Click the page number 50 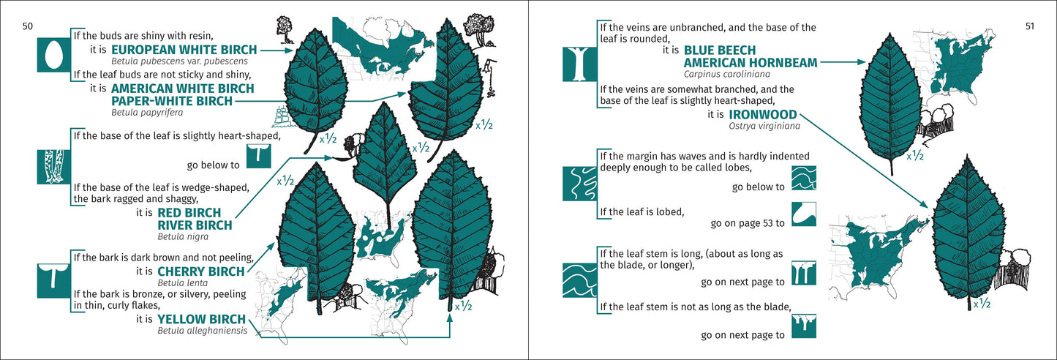(x=27, y=26)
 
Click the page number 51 (x=1028, y=26)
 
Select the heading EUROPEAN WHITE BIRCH (x=184, y=50)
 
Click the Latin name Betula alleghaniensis (x=201, y=331)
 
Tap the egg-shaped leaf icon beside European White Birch (x=53, y=55)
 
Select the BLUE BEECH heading (x=726, y=50)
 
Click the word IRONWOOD (x=763, y=115)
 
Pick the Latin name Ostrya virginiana (x=764, y=127)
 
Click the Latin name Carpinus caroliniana (x=726, y=74)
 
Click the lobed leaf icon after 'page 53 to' (x=803, y=214)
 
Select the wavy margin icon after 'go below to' (x=803, y=178)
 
